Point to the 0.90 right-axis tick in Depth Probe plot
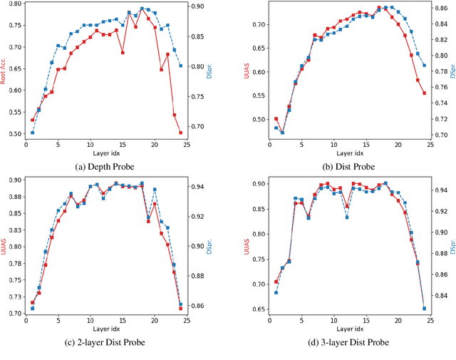[197, 6]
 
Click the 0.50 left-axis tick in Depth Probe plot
[12, 133]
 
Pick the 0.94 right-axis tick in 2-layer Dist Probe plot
[197, 187]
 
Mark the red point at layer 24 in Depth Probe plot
[181, 133]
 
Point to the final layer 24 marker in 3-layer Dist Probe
[425, 309]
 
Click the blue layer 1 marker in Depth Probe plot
[32, 133]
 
